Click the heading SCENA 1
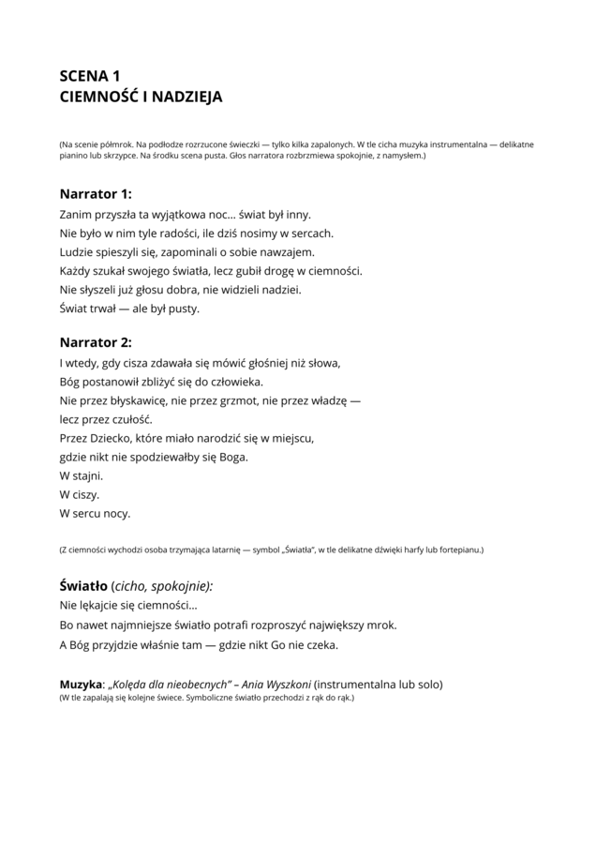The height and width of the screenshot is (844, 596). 90,76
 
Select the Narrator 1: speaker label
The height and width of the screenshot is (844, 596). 96,194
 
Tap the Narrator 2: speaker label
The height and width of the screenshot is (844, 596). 96,342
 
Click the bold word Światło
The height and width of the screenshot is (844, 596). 82,586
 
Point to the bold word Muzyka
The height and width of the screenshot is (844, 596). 80,684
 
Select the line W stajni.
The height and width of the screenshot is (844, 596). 81,475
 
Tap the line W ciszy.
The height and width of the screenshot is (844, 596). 79,494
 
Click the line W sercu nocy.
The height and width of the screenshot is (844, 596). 95,513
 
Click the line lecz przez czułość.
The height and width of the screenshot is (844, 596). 105,419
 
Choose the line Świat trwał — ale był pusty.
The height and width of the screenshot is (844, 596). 129,308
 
